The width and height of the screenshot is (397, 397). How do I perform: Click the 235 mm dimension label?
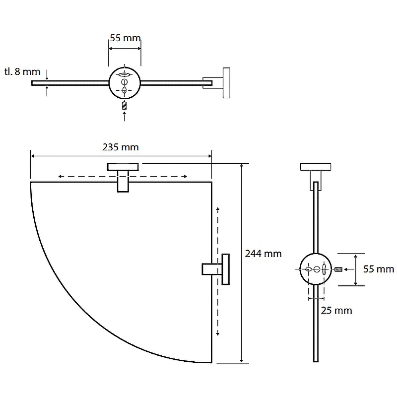[x=121, y=147]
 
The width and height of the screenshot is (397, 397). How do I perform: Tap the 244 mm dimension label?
[x=264, y=254]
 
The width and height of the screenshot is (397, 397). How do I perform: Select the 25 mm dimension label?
[x=336, y=311]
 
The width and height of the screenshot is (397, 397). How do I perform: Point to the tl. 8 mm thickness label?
[x=22, y=71]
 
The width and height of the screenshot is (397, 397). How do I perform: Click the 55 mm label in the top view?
[x=125, y=38]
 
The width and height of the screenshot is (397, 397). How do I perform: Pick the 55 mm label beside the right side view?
[x=379, y=269]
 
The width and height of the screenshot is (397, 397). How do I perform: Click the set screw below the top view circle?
[x=124, y=105]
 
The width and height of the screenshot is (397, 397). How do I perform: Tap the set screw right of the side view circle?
[x=338, y=269]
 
